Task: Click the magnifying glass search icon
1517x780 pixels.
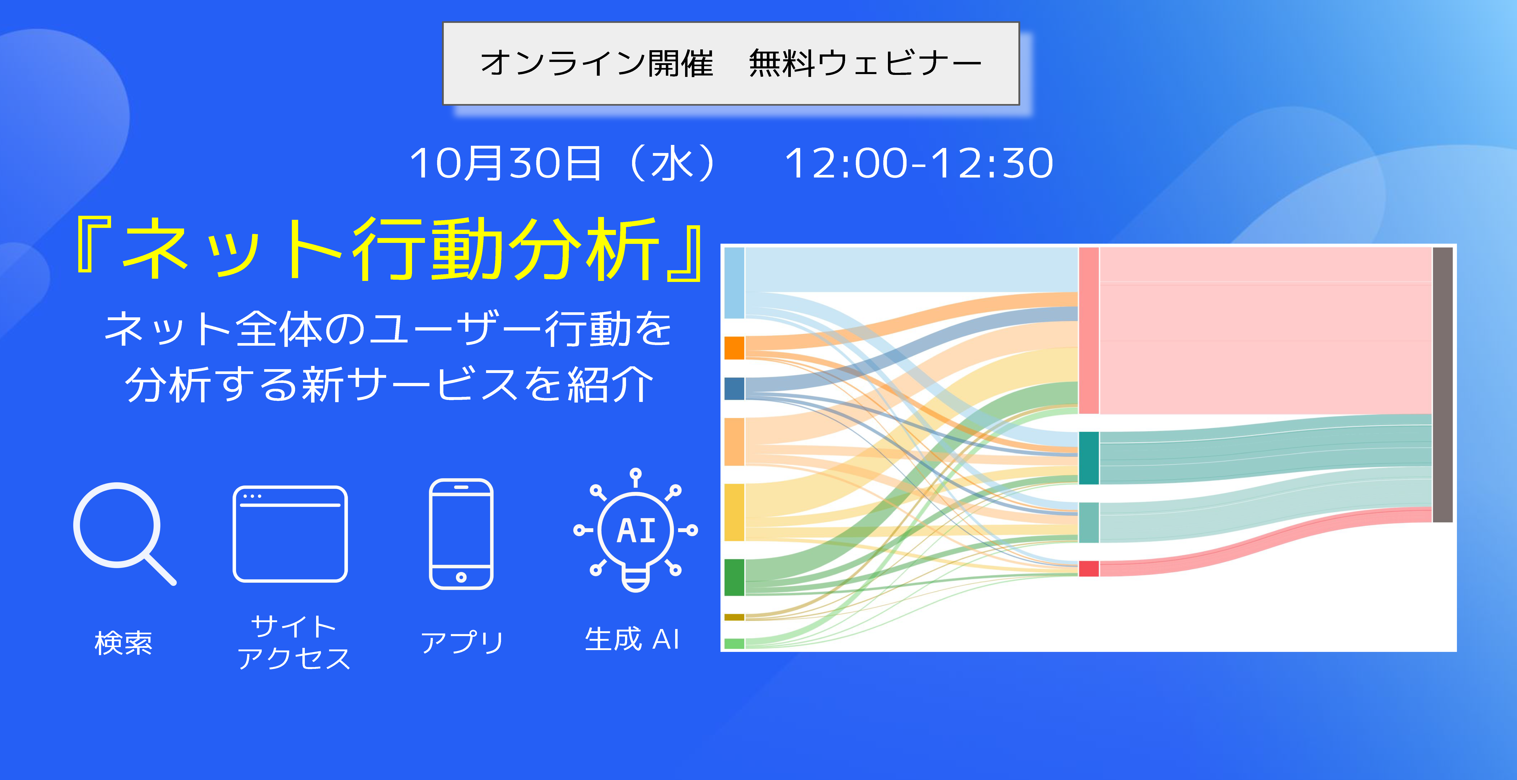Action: click(118, 527)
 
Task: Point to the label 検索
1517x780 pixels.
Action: click(124, 643)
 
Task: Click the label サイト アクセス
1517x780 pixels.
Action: click(293, 642)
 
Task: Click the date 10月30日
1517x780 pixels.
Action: click(505, 163)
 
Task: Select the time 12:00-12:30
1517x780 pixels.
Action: click(919, 163)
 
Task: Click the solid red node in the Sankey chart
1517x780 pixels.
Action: click(1089, 569)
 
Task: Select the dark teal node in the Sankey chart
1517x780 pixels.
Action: click(1089, 458)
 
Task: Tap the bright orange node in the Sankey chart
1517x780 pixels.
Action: click(734, 347)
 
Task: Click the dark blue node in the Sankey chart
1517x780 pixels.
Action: click(734, 389)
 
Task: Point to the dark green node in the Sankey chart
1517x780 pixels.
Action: click(734, 577)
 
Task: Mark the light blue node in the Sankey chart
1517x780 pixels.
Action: click(734, 283)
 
